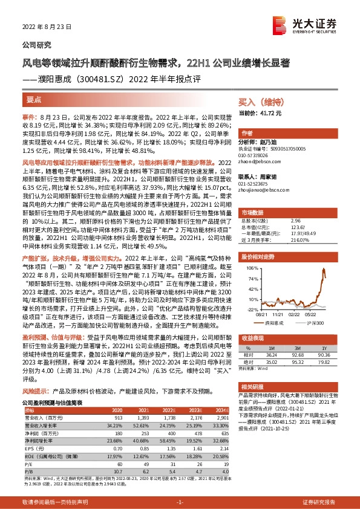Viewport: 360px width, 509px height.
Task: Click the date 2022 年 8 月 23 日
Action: pos(47,27)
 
